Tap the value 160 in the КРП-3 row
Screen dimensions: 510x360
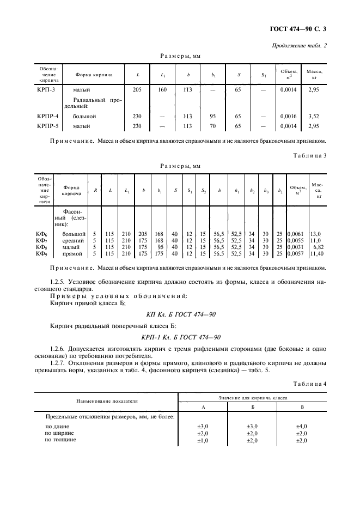click(162, 89)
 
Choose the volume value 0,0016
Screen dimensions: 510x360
click(288, 116)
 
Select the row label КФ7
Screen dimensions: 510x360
click(42, 240)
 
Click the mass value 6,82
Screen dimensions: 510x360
click(317, 247)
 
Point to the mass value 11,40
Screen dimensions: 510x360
click(316, 254)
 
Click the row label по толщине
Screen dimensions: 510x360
click(60, 440)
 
